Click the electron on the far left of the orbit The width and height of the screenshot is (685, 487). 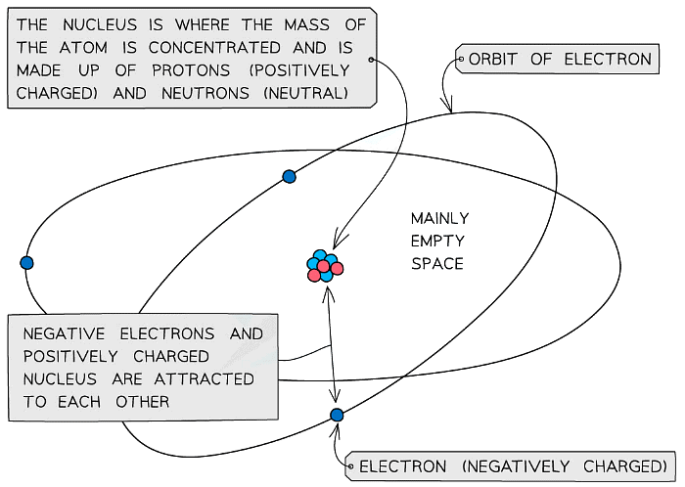pos(26,263)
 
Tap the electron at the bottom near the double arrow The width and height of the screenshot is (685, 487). pos(337,415)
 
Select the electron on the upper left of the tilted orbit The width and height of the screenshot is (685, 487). pos(290,177)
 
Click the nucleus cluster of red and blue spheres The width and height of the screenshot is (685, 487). pos(325,266)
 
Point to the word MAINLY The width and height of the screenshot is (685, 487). pos(440,218)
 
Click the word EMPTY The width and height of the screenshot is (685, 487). pos(436,241)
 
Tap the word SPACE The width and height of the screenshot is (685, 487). pos(436,264)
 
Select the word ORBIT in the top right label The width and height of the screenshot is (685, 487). pos(493,59)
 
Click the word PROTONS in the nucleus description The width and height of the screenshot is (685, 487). pos(191,70)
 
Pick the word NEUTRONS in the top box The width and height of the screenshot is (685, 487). pos(205,93)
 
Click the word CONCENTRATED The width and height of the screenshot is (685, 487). pos(214,48)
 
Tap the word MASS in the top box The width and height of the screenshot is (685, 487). pos(306,24)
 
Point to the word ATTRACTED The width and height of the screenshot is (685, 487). pos(204,378)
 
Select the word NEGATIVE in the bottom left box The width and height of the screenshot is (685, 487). pos(64,333)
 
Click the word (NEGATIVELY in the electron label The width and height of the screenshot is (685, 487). pos(516,466)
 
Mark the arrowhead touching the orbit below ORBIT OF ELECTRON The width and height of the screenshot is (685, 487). pos(448,106)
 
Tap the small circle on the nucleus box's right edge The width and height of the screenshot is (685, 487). pos(371,60)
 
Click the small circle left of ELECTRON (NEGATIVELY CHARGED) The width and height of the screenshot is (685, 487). pos(350,466)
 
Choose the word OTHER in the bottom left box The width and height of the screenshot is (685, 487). pos(143,402)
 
